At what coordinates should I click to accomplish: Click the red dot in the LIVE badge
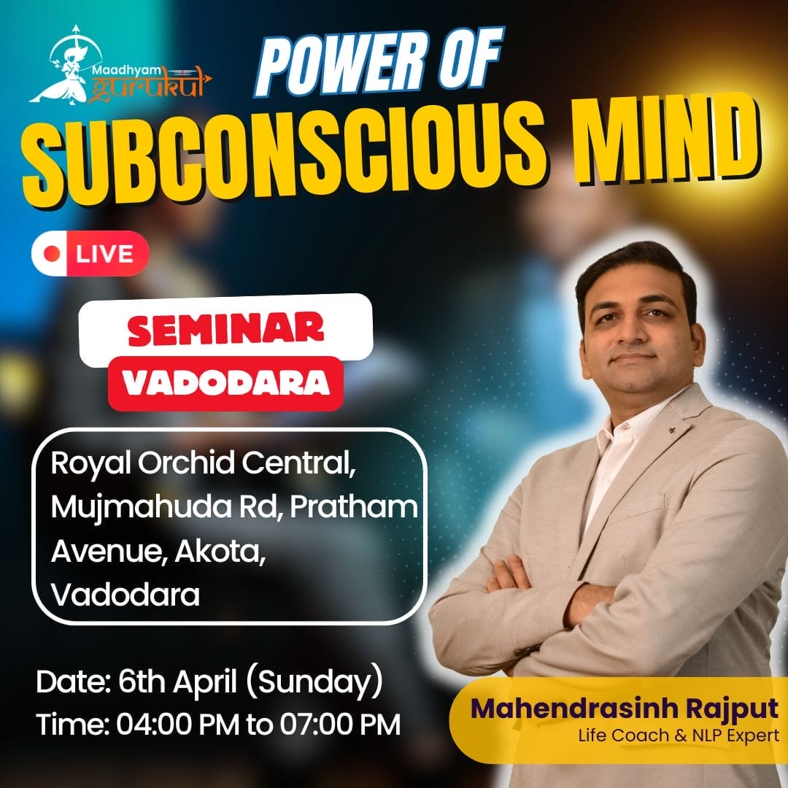click(51, 254)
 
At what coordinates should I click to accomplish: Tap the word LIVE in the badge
click(104, 254)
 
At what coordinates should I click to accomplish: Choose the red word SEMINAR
click(225, 329)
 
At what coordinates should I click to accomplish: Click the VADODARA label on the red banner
click(225, 384)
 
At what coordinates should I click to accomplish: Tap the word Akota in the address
click(220, 552)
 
